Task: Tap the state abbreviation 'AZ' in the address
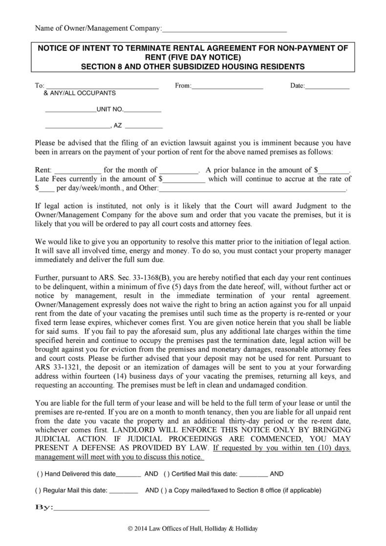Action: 118,126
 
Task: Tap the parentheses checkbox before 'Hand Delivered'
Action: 40,474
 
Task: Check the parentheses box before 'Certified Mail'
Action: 167,474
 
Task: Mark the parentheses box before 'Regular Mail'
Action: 38,490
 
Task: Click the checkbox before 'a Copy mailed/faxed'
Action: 163,490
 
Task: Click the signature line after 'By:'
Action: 132,508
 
